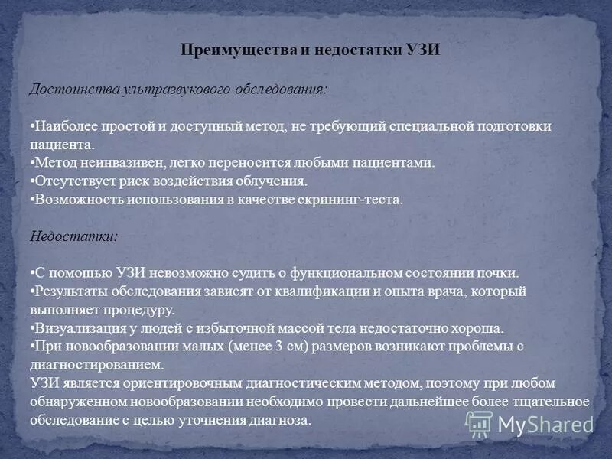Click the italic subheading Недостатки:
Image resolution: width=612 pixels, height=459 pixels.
coord(74,236)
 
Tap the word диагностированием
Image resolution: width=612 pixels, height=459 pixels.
coord(97,365)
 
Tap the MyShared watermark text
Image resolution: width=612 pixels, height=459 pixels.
coord(545,424)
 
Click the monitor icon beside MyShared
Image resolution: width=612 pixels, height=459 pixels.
coord(479,423)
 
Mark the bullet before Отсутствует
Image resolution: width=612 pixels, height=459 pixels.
coord(32,181)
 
